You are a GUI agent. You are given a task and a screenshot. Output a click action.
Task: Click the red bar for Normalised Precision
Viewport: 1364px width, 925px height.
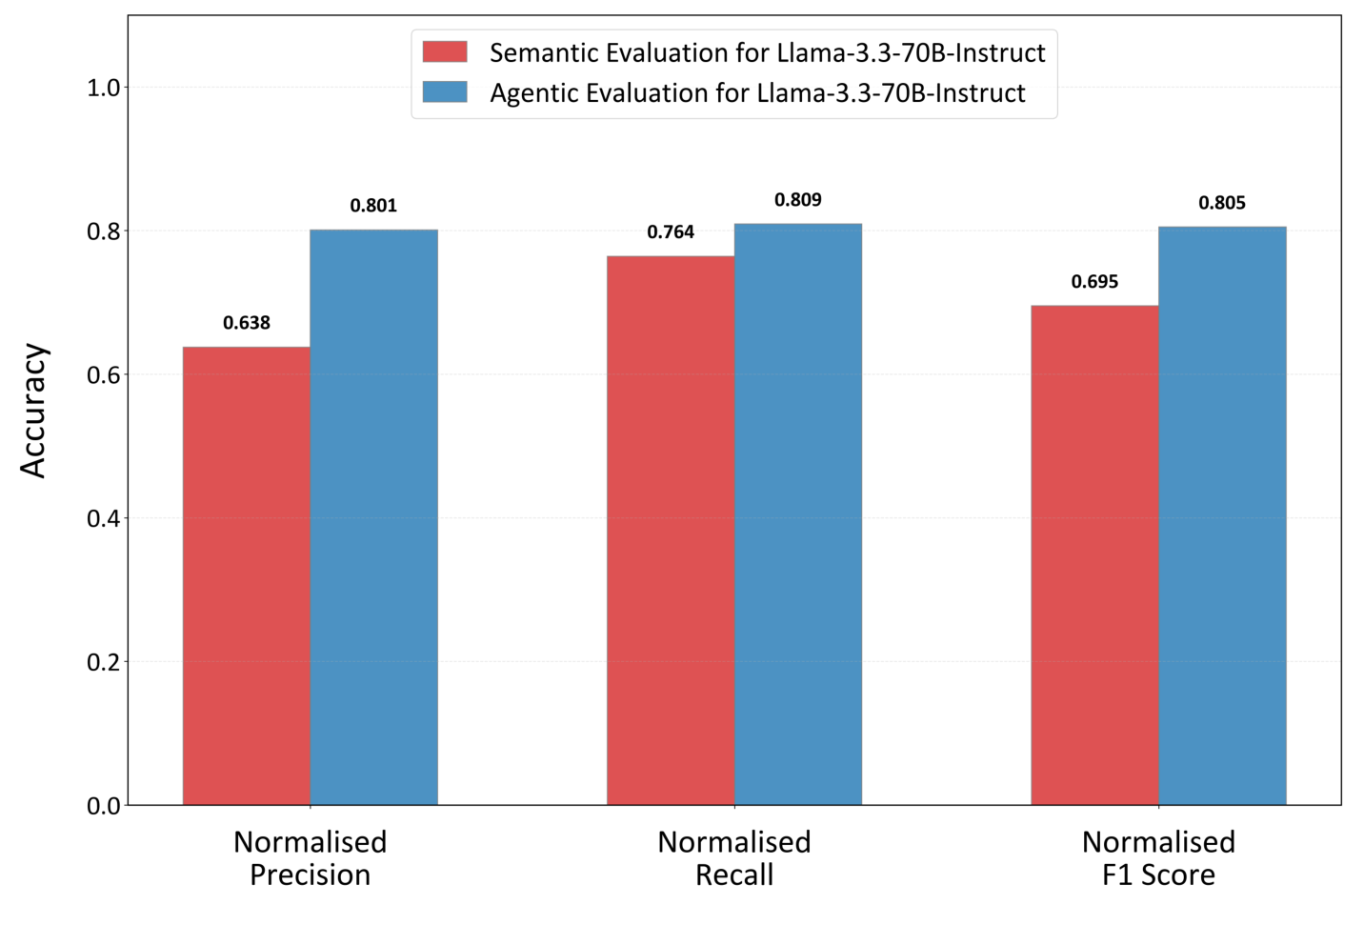(x=247, y=575)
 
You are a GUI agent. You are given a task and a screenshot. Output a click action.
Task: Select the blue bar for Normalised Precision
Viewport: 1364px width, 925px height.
(x=373, y=517)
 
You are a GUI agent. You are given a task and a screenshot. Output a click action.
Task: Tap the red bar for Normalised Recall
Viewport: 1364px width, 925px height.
(x=671, y=531)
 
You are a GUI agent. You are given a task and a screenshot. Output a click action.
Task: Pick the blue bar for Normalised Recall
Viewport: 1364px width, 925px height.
(x=798, y=514)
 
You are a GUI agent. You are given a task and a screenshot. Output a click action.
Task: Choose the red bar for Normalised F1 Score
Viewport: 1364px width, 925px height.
(x=1094, y=555)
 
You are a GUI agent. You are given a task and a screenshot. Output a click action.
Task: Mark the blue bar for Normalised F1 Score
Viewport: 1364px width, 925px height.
(x=1222, y=515)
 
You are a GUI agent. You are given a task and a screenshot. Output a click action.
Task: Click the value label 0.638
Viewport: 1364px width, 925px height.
(x=247, y=323)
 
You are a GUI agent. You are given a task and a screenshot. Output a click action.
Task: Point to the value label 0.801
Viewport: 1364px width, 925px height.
(x=373, y=206)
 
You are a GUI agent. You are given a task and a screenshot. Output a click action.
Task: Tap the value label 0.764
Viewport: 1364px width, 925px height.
(x=671, y=232)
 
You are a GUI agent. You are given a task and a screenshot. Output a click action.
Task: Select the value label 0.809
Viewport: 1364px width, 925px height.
(x=798, y=200)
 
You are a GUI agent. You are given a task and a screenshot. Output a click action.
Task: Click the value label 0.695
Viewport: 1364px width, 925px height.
(x=1094, y=282)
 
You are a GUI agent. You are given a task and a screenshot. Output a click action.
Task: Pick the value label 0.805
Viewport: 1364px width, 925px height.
(x=1222, y=203)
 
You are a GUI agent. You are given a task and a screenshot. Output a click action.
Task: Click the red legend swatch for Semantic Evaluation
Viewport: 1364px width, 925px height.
(x=445, y=51)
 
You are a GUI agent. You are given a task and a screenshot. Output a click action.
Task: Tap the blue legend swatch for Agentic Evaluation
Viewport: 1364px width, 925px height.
(x=445, y=92)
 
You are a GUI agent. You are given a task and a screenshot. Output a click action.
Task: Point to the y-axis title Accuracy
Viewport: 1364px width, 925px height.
(x=33, y=411)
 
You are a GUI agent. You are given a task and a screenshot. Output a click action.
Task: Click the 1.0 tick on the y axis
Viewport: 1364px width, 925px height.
(x=103, y=88)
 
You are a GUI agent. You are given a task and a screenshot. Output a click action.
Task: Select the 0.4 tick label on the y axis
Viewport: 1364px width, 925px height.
(x=103, y=519)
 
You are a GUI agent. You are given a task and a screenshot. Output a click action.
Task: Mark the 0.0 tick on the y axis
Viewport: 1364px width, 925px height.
(x=103, y=806)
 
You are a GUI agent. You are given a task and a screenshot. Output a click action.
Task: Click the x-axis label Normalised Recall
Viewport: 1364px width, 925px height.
(x=734, y=858)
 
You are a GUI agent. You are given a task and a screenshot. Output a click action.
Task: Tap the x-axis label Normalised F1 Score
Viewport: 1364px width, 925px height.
(x=1158, y=858)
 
